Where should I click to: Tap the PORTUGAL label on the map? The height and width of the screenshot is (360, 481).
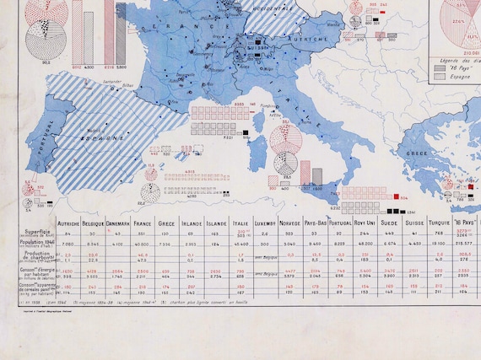click(38, 135)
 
